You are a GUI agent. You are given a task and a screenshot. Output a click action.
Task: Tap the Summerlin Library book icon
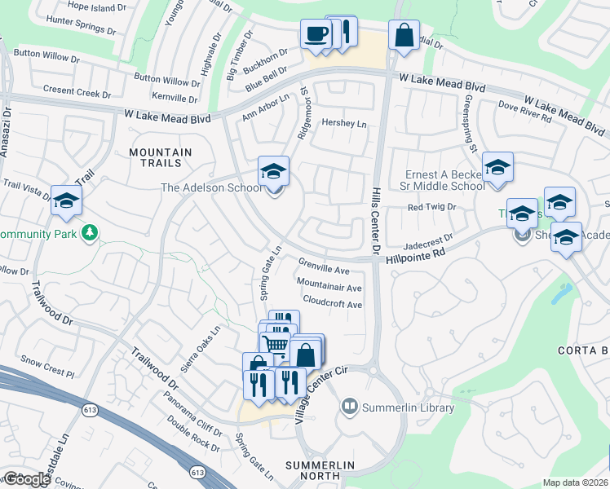click(350, 405)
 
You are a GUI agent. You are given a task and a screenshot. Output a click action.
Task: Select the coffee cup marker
click(316, 34)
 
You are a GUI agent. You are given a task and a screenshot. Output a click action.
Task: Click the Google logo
click(26, 479)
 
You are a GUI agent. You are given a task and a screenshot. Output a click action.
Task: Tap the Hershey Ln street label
click(345, 124)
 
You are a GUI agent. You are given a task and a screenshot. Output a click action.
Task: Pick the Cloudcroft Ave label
click(333, 303)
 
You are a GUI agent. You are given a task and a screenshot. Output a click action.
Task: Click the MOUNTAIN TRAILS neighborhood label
click(161, 158)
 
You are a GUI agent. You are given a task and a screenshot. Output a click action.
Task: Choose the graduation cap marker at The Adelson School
click(274, 171)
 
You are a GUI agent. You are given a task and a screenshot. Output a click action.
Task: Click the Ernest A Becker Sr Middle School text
click(445, 180)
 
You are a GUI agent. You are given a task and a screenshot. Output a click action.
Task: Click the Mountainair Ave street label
click(329, 287)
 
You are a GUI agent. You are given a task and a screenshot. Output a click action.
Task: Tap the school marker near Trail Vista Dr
click(66, 200)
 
